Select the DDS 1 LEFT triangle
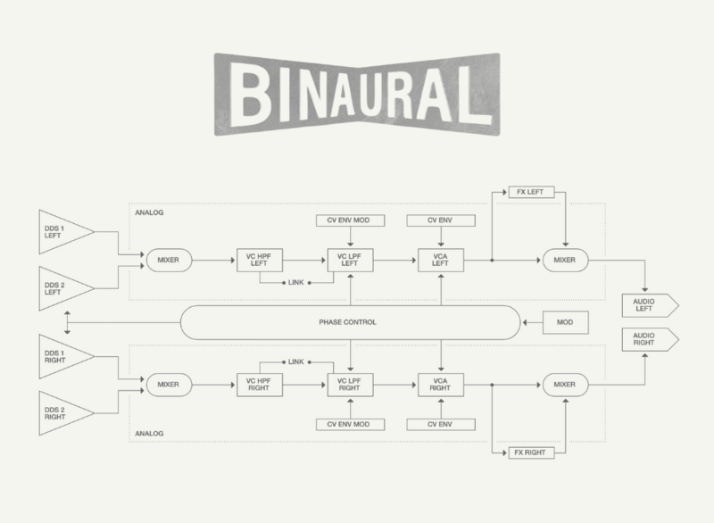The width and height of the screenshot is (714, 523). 61,232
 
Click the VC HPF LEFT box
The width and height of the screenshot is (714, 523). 260,261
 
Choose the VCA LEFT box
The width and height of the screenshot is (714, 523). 440,261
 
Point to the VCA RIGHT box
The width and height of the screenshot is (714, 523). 440,384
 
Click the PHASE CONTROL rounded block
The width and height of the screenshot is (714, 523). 350,321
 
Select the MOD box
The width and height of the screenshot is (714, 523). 564,321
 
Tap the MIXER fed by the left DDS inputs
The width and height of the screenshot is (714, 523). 170,261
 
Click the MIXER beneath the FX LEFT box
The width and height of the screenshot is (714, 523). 564,261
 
